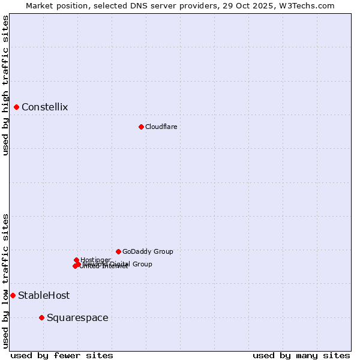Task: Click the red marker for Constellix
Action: (17, 107)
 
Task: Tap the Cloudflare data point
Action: (141, 127)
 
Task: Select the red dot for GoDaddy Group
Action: (118, 251)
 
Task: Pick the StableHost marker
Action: (13, 295)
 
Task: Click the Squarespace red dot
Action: (41, 317)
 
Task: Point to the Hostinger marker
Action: (76, 260)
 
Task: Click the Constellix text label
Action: (44, 107)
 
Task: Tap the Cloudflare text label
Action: (161, 127)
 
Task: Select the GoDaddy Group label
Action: (148, 251)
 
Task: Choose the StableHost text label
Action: (44, 295)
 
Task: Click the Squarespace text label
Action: (77, 317)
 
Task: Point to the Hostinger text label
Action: (95, 260)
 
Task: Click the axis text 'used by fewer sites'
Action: (62, 355)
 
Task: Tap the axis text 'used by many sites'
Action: (301, 355)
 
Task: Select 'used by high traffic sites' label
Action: (6, 86)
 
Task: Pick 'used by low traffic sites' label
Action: (6, 281)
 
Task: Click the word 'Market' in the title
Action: (40, 5)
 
